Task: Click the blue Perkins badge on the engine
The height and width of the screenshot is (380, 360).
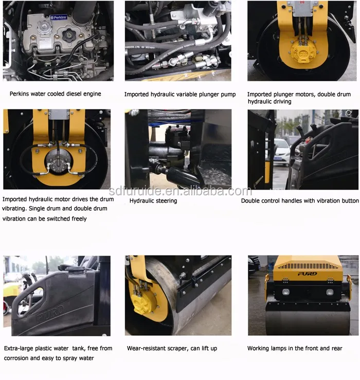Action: click(58, 17)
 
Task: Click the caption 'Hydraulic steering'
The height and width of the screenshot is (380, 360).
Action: click(153, 201)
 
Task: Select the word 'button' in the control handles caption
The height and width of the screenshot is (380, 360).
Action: click(349, 201)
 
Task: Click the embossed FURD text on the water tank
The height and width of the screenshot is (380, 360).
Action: click(50, 311)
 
